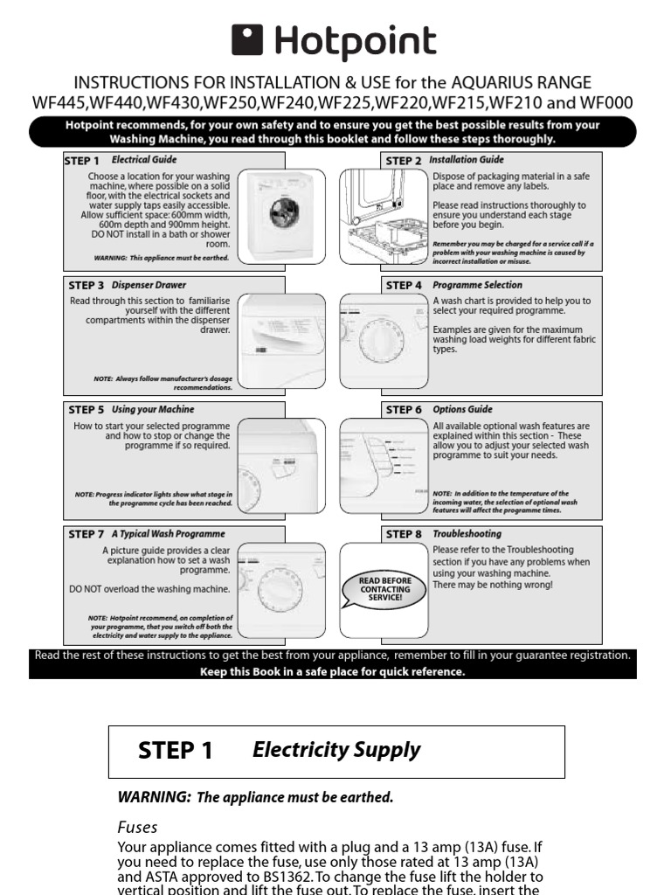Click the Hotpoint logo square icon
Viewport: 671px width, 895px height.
point(247,39)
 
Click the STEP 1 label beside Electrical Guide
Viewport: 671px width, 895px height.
point(83,161)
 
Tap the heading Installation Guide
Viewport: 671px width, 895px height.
point(466,160)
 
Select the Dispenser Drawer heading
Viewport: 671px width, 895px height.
point(149,285)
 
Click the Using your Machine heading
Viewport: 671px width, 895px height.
point(153,409)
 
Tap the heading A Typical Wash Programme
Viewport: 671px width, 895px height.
point(168,533)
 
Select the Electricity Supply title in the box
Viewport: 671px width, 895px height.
point(336,750)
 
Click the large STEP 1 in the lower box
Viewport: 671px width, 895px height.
point(175,751)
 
